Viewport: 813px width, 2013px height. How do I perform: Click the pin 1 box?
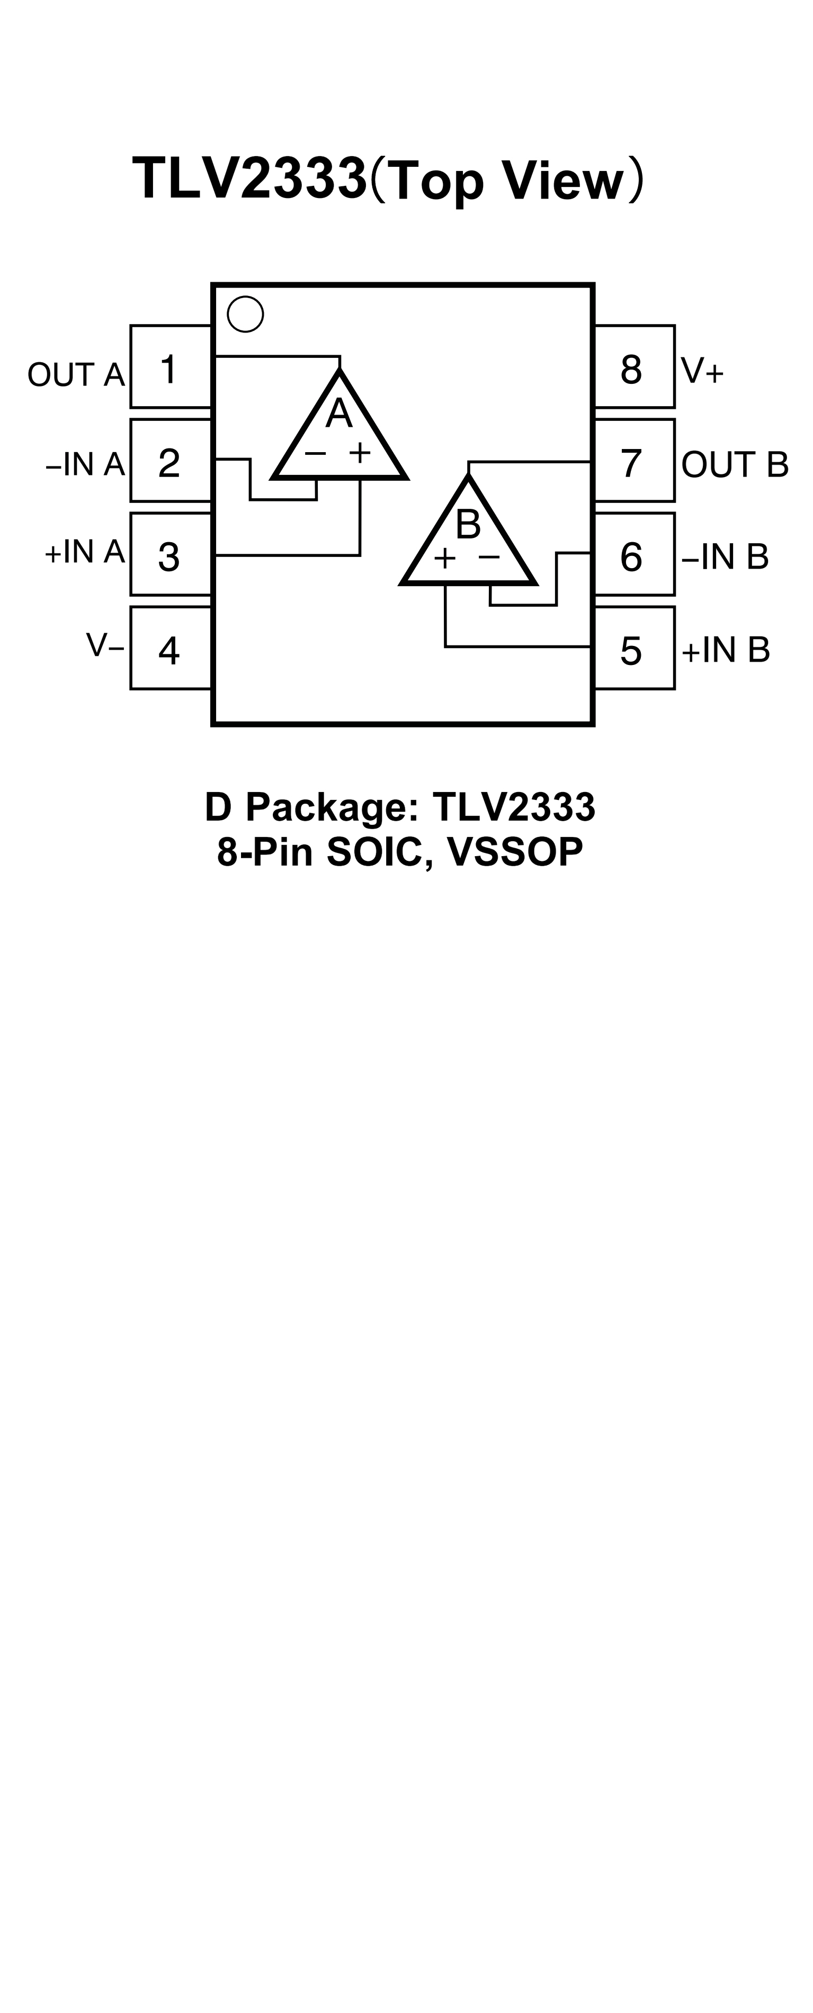(x=171, y=366)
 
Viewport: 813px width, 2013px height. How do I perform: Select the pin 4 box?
(x=171, y=648)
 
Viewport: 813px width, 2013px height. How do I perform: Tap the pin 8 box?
(x=634, y=366)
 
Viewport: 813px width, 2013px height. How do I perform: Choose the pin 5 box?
(x=634, y=648)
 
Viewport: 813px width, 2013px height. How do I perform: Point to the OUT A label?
(x=76, y=375)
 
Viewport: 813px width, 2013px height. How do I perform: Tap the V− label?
(x=105, y=645)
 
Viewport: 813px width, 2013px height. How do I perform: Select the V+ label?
(x=702, y=371)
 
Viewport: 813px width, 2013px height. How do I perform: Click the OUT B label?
(x=735, y=465)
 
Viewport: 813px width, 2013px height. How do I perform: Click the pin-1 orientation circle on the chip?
(x=245, y=314)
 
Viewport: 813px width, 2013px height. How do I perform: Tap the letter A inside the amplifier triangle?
(x=338, y=414)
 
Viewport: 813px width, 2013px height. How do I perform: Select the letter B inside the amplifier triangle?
(x=468, y=524)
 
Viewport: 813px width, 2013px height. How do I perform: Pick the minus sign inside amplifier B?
(x=489, y=557)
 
